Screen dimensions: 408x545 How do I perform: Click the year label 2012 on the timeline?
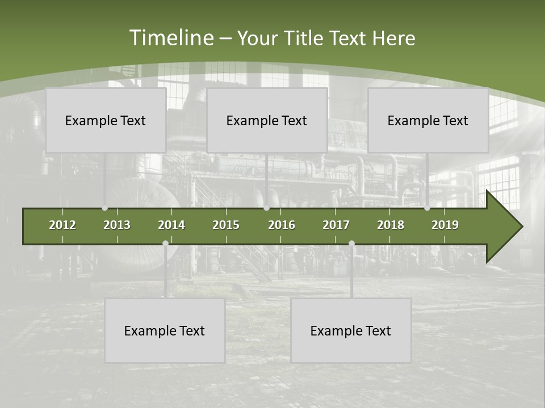62,225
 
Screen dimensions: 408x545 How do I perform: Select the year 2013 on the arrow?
117,225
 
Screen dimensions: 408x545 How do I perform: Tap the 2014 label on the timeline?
171,225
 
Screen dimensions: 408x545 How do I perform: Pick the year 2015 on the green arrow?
226,225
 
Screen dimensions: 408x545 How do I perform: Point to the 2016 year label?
282,225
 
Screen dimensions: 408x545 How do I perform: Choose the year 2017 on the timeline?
336,225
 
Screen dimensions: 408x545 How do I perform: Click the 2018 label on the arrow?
391,225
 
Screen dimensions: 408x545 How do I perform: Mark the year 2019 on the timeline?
445,225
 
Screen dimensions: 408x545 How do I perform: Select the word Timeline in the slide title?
171,38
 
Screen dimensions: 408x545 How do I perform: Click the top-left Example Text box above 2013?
106,120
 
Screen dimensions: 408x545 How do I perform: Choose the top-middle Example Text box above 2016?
267,120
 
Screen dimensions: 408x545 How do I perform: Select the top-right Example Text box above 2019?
428,120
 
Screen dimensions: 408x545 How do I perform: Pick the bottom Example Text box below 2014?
165,330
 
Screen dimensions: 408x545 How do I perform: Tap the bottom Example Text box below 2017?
351,330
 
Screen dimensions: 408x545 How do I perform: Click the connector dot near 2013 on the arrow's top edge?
104,208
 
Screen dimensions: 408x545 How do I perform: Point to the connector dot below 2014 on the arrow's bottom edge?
165,244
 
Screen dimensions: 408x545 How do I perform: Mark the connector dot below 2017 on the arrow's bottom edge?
351,244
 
